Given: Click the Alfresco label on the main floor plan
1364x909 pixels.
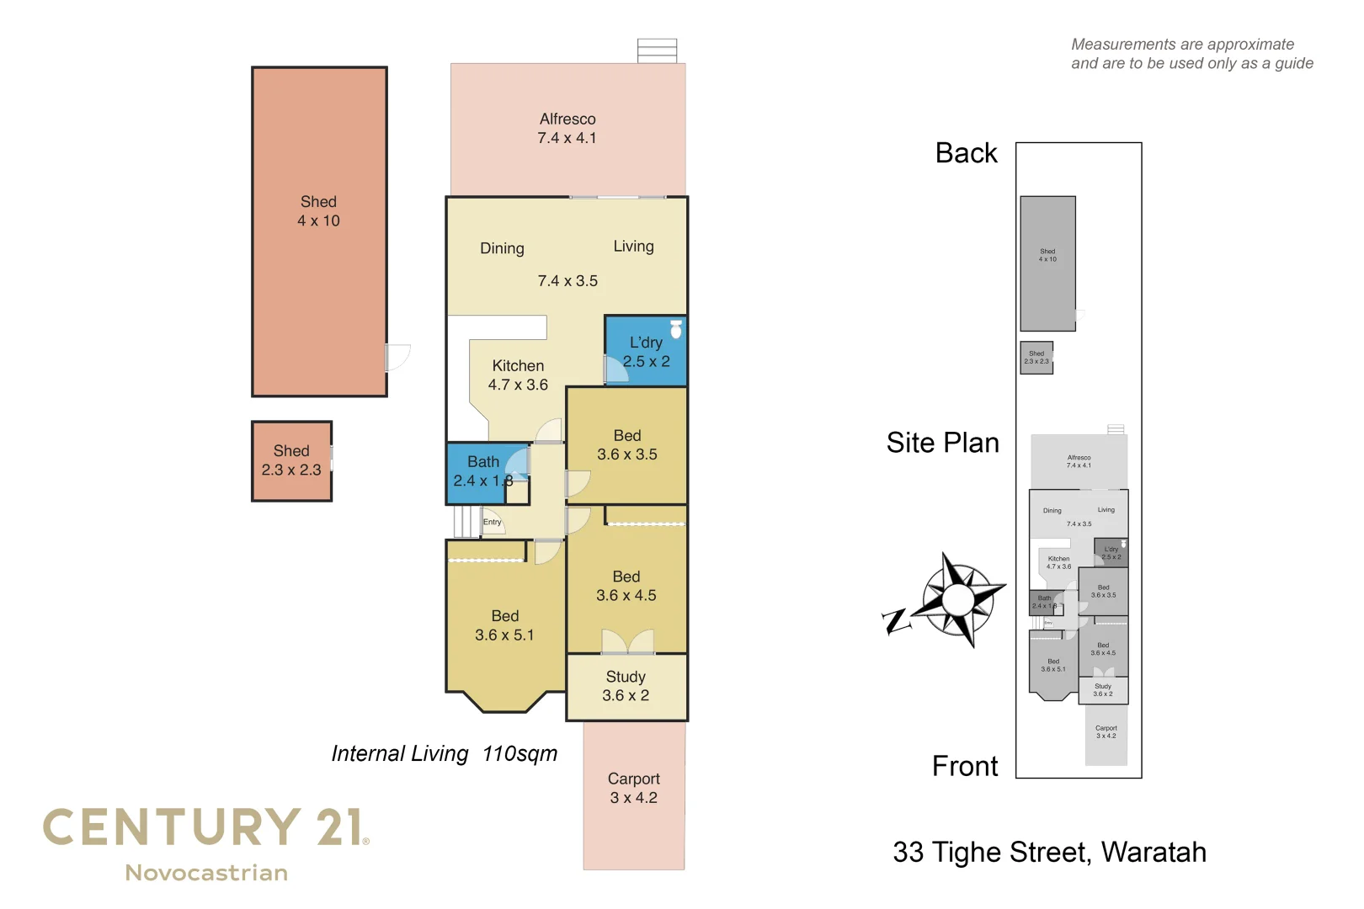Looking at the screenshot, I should pyautogui.click(x=567, y=120).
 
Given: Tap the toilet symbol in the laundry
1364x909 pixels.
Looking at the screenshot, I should pyautogui.click(x=675, y=329).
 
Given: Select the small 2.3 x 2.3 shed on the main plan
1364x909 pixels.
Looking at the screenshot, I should pyautogui.click(x=291, y=461).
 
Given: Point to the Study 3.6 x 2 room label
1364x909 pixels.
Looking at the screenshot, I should pyautogui.click(x=626, y=686).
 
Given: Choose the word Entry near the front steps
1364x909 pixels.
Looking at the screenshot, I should pyautogui.click(x=492, y=523).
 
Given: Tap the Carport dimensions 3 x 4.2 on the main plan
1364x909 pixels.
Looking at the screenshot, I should pyautogui.click(x=634, y=798).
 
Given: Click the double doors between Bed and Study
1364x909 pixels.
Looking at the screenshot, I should pyautogui.click(x=627, y=642).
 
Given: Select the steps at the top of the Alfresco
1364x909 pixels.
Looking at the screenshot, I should pyautogui.click(x=657, y=50).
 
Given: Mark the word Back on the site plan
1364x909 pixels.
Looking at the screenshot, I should pyautogui.click(x=966, y=153).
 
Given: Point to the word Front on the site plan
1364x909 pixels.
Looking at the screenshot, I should pyautogui.click(x=965, y=766).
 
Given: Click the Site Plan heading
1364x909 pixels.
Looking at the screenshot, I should pyautogui.click(x=942, y=443).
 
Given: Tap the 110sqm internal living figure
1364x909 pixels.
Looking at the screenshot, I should pyautogui.click(x=519, y=753).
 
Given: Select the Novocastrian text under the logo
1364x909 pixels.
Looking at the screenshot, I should pyautogui.click(x=206, y=873).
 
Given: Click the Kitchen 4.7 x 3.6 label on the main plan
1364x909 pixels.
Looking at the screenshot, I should pyautogui.click(x=518, y=375).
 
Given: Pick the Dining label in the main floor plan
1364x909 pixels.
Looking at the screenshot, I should pyautogui.click(x=502, y=248).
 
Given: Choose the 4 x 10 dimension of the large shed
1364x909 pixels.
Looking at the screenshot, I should pyautogui.click(x=318, y=221).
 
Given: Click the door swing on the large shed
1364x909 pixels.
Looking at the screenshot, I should pyautogui.click(x=397, y=357).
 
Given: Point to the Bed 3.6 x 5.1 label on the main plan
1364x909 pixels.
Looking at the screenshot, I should pyautogui.click(x=504, y=625).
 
